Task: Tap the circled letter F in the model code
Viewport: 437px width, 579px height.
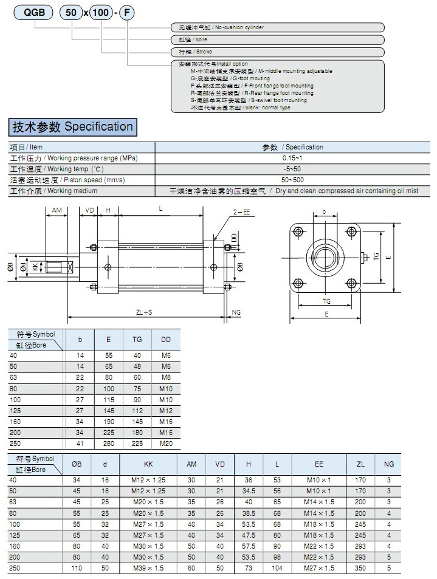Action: [x=125, y=13]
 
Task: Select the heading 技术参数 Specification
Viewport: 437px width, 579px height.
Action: [x=72, y=127]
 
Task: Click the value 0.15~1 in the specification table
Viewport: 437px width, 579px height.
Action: [x=293, y=158]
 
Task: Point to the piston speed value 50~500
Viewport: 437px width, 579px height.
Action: [x=293, y=180]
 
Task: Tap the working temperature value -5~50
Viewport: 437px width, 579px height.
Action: [x=293, y=169]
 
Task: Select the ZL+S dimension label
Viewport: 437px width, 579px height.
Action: [x=144, y=312]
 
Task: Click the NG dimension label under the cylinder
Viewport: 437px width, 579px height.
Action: [x=237, y=312]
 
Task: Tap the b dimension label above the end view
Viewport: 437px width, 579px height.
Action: [x=324, y=213]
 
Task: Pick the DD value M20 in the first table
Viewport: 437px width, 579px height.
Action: [x=166, y=444]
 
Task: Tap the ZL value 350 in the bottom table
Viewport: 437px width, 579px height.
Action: [x=360, y=567]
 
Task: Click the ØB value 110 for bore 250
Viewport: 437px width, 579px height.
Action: [x=77, y=567]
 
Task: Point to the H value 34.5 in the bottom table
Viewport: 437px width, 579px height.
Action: [x=248, y=490]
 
